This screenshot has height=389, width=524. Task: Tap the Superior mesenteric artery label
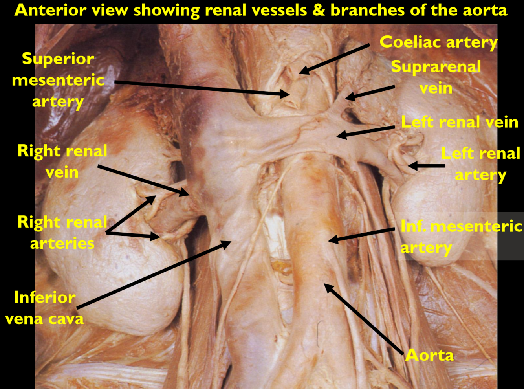pyautogui.click(x=58, y=80)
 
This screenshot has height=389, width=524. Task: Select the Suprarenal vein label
pyautogui.click(x=436, y=77)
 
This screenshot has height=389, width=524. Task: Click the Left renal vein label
pyautogui.click(x=460, y=122)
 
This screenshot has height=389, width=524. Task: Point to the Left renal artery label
pyautogui.click(x=480, y=164)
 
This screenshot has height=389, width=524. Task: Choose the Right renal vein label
pyautogui.click(x=62, y=161)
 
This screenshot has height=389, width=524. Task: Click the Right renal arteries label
pyautogui.click(x=62, y=233)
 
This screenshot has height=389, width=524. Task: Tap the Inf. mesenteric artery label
pyautogui.click(x=461, y=237)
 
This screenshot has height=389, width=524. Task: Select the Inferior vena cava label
pyautogui.click(x=45, y=308)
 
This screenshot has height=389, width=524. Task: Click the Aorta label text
pyautogui.click(x=430, y=355)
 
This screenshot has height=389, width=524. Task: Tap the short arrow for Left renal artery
pyautogui.click(x=426, y=166)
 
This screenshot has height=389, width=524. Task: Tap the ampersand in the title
pyautogui.click(x=319, y=10)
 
